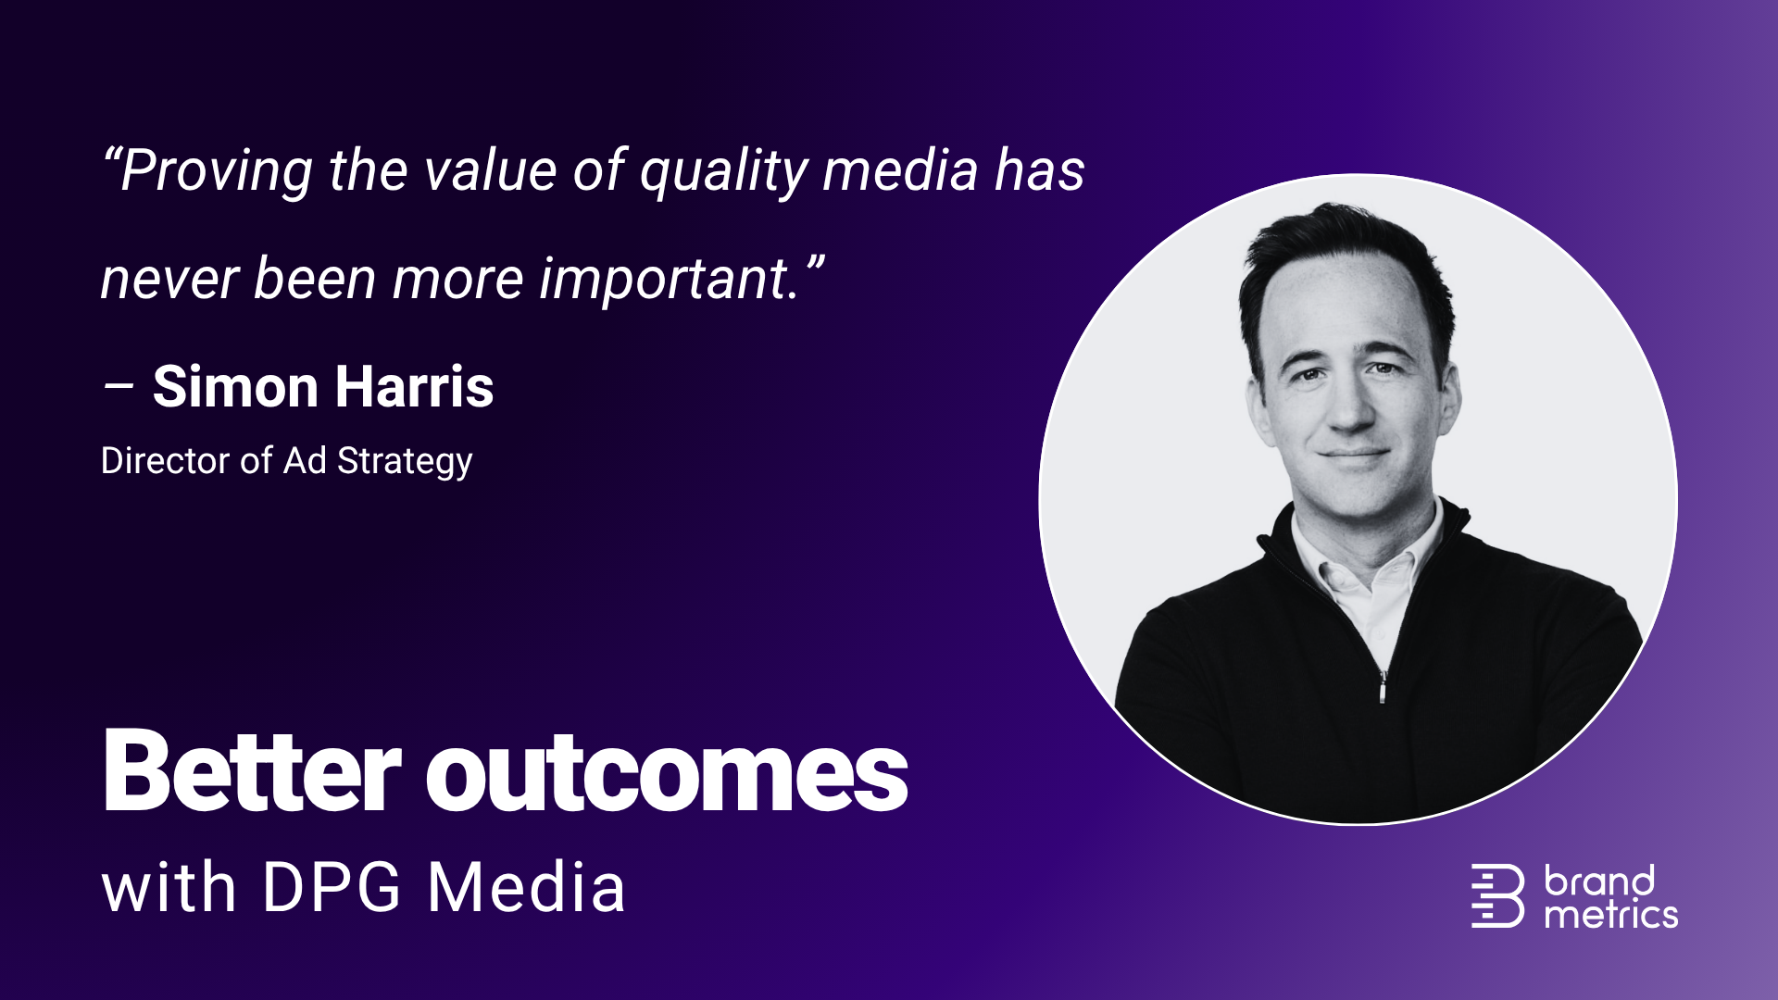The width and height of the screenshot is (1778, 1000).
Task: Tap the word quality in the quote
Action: pos(722,172)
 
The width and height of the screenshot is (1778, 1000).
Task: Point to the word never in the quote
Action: pos(169,280)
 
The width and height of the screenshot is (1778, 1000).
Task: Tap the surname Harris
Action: pos(414,387)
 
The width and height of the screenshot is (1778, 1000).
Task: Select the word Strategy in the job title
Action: pos(405,461)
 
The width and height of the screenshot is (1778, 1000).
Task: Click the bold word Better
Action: pos(251,772)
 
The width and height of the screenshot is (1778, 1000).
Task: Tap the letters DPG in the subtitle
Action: pos(332,888)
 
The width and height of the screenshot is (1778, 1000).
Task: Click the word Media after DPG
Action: pos(526,888)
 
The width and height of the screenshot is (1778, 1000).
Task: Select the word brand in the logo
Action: pos(1599,881)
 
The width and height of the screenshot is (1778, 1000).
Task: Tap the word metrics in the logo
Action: pos(1610,916)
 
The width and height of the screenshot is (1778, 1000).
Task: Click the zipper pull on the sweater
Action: pos(1383,687)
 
